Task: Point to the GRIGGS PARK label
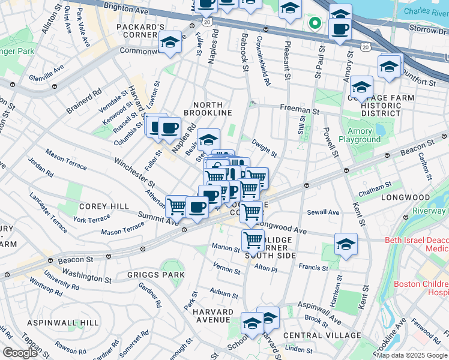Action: pos(148,275)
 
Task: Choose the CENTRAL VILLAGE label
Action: pos(322,335)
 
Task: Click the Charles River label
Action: pos(425,11)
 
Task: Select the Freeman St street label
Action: pos(298,110)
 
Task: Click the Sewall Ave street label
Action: pos(324,212)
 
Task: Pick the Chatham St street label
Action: pos(375,193)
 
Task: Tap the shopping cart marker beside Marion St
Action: pos(253,240)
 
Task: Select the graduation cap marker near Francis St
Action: pos(345,245)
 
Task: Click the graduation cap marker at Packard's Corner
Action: pos(170,43)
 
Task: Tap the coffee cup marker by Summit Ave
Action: pos(197,208)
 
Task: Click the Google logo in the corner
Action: pos(20,353)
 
